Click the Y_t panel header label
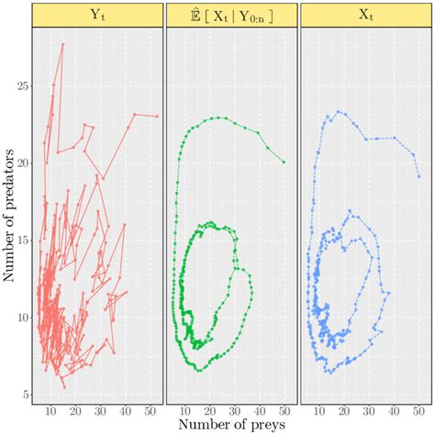click(96, 15)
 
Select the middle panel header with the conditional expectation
click(231, 15)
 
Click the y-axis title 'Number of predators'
click(10, 217)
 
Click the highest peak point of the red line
click(62, 44)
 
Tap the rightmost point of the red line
click(157, 117)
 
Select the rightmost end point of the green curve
click(284, 162)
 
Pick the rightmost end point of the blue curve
click(418, 176)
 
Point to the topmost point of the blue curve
click(339, 112)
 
